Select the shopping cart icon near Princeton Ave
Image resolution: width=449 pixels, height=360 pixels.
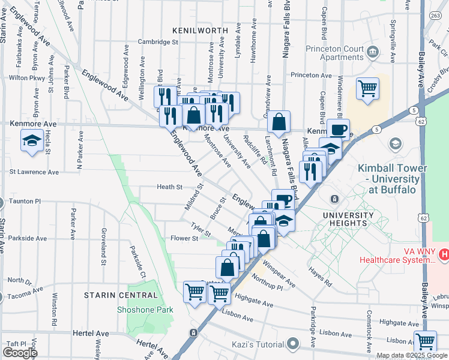pyautogui.click(x=367, y=89)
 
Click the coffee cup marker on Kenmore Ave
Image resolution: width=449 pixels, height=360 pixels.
pyautogui.click(x=338, y=130)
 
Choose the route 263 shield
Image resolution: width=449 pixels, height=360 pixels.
pyautogui.click(x=434, y=16)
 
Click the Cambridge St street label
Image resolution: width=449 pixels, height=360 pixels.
pyautogui.click(x=158, y=42)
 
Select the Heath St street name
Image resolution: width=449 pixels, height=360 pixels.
pyautogui.click(x=169, y=187)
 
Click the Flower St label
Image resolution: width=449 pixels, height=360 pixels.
pyautogui.click(x=185, y=238)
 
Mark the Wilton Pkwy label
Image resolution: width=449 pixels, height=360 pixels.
pyautogui.click(x=27, y=78)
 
